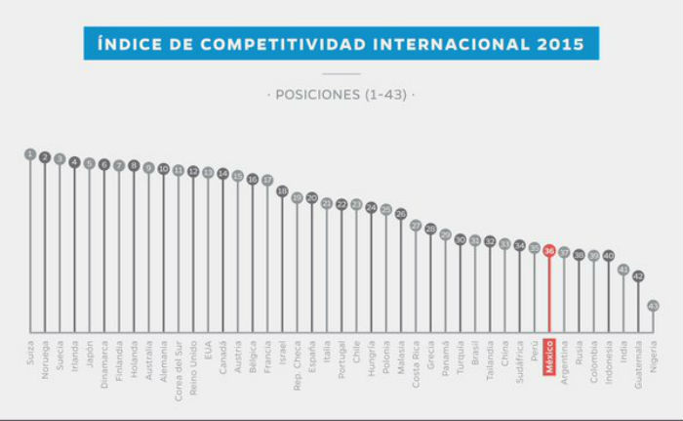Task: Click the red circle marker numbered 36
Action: [549, 250]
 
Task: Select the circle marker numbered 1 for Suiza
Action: [30, 154]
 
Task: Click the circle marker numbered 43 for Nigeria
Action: [653, 306]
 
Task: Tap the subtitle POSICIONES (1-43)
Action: [341, 95]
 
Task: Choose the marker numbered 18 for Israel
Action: [282, 191]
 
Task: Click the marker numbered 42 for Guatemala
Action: [638, 276]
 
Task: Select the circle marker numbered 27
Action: [416, 226]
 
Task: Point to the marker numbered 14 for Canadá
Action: [222, 174]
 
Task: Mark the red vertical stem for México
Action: [549, 293]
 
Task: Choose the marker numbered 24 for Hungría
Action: [371, 207]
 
